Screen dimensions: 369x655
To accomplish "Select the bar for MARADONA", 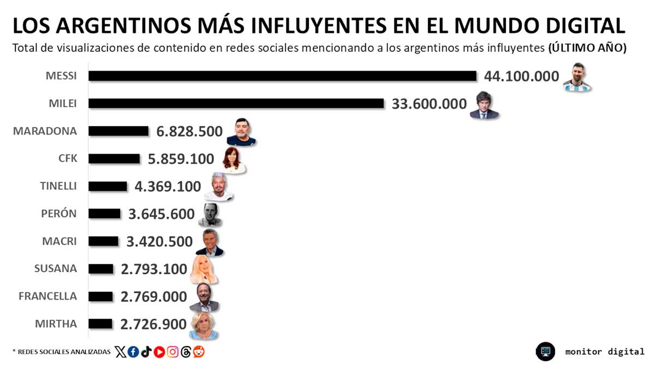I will [118, 131].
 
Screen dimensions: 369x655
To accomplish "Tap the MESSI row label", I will [61, 76].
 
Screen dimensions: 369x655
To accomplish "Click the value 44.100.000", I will [521, 76].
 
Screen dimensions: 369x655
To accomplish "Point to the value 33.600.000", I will [429, 104].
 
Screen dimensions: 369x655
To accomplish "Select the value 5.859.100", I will [181, 159].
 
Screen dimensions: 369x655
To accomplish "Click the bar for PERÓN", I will [104, 214].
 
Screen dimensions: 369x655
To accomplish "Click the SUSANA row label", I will [55, 269].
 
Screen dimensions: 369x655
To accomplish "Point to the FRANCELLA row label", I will [47, 296].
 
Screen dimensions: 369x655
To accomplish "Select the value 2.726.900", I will [153, 324].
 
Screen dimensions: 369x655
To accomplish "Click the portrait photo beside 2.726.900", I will [204, 325].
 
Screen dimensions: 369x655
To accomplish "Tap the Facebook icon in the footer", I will [133, 352].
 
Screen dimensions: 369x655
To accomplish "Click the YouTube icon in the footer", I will [159, 352].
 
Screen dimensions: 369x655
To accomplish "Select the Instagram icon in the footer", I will [172, 352].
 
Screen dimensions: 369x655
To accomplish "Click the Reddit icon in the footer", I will [199, 352].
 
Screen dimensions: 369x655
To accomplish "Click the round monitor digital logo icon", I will [545, 352].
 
